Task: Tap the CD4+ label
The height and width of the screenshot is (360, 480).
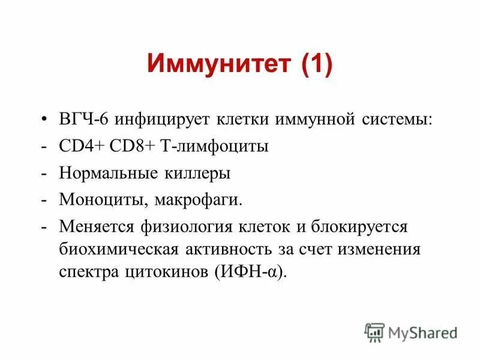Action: [79, 146]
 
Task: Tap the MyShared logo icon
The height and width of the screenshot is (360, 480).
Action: [374, 331]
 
